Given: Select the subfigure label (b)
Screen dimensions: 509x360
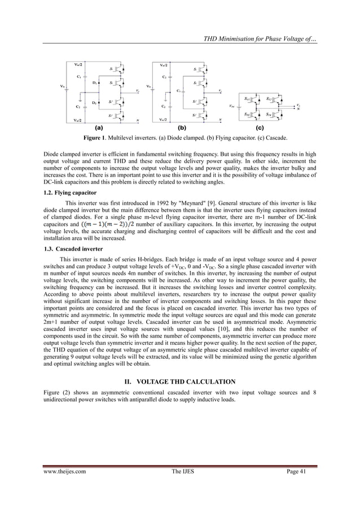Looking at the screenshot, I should click(x=182, y=128).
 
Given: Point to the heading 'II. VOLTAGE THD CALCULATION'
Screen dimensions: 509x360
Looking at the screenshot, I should click(x=179, y=381).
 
